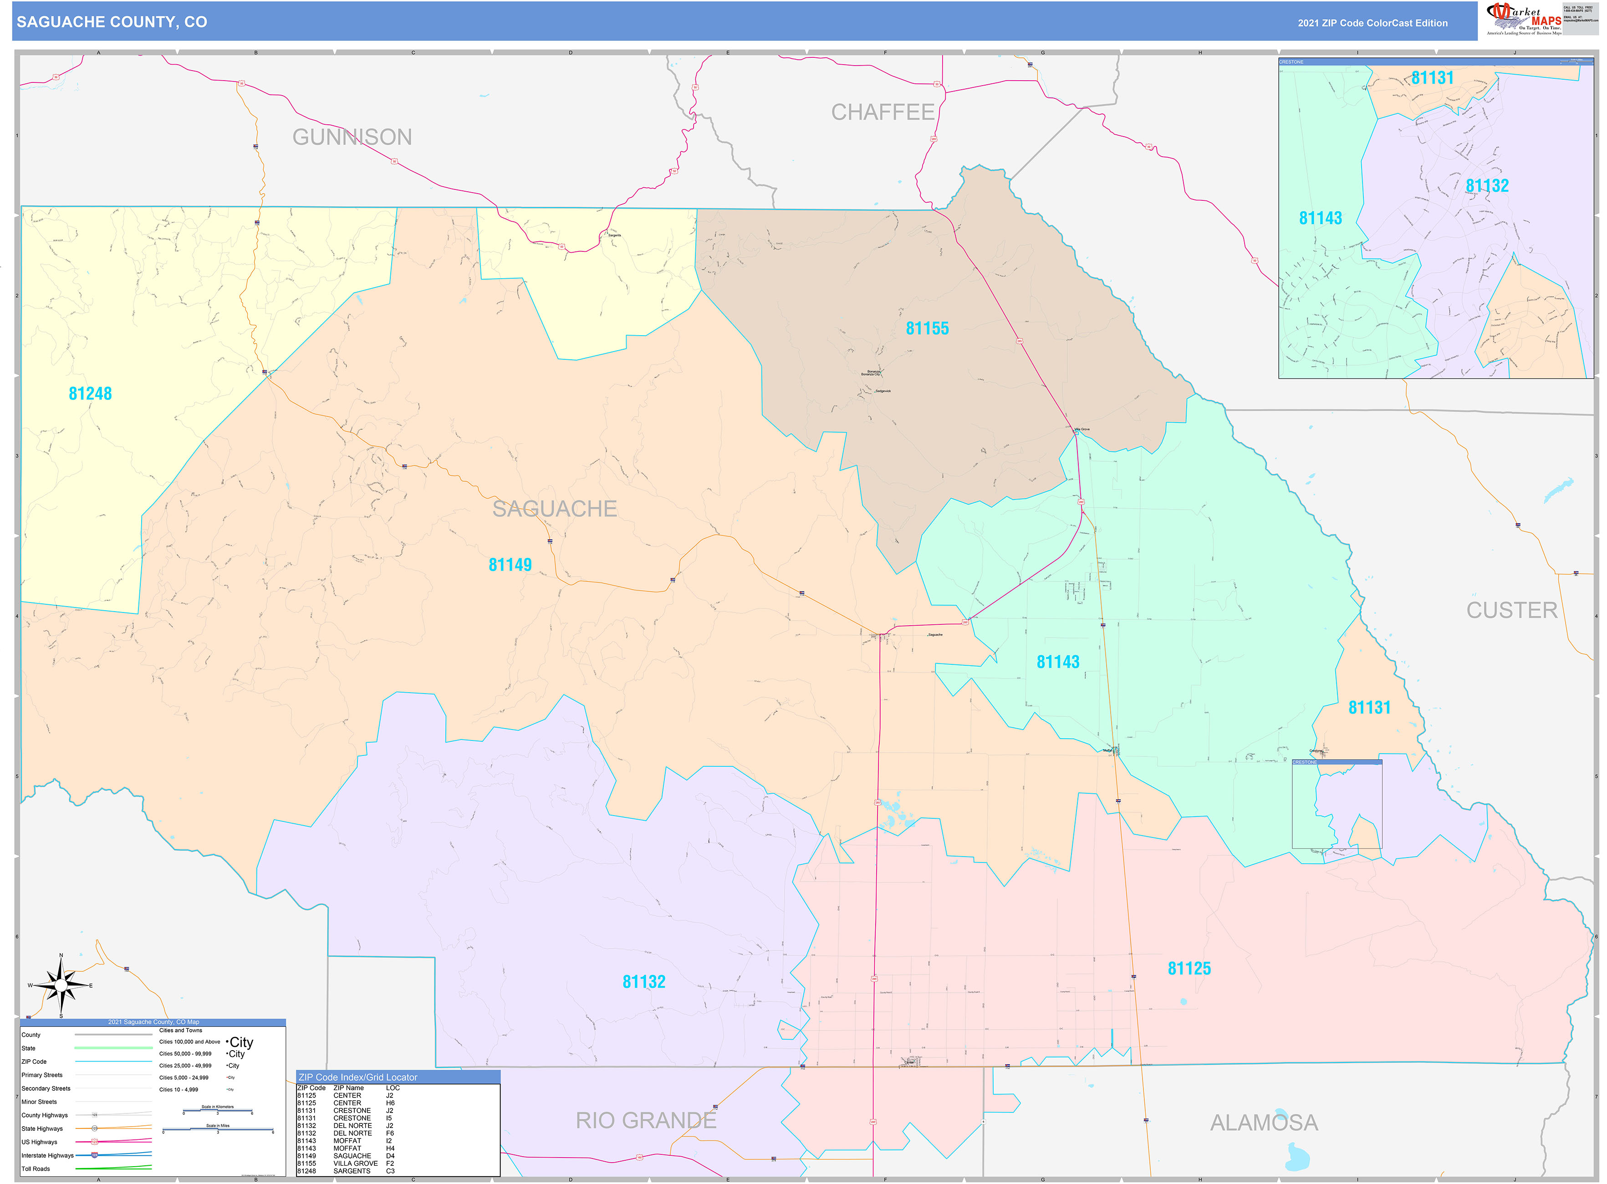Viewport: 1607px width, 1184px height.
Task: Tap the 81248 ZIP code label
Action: coord(90,393)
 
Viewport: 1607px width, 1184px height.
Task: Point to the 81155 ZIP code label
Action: coord(927,328)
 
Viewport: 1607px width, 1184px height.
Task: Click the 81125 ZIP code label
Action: coord(1189,968)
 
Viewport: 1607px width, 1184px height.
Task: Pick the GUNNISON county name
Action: coord(352,137)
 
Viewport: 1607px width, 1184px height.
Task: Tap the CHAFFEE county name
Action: coord(883,112)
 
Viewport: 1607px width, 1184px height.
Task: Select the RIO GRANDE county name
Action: coord(646,1120)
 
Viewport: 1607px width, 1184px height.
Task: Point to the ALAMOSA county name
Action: coord(1264,1123)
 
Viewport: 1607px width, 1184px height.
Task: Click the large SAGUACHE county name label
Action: coord(554,509)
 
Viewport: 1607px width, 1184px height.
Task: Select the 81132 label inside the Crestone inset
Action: coord(1487,186)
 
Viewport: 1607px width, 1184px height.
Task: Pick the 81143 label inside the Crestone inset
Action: coord(1320,218)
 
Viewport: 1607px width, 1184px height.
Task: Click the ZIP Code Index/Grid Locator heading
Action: coord(357,1077)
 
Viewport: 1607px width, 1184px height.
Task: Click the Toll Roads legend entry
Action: coord(36,1169)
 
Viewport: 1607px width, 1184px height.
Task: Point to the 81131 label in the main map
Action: coord(1369,707)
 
